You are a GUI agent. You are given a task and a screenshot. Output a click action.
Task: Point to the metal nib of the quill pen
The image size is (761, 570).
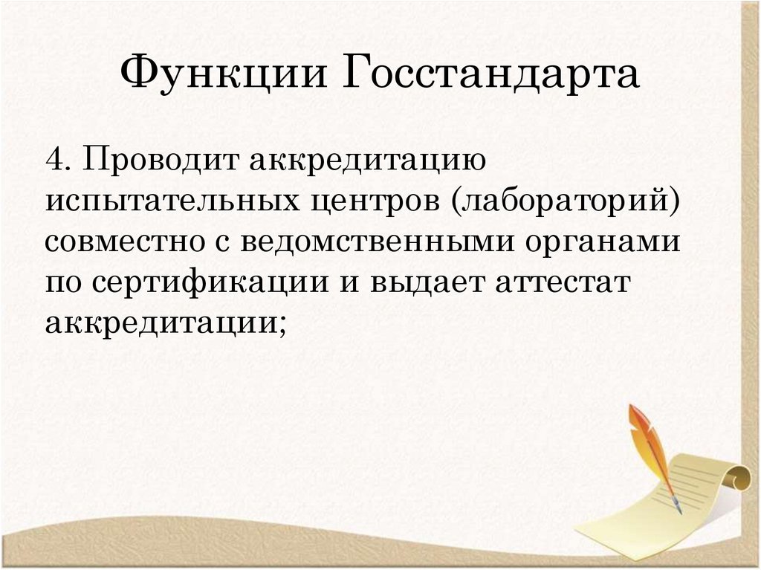pyautogui.click(x=677, y=508)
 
